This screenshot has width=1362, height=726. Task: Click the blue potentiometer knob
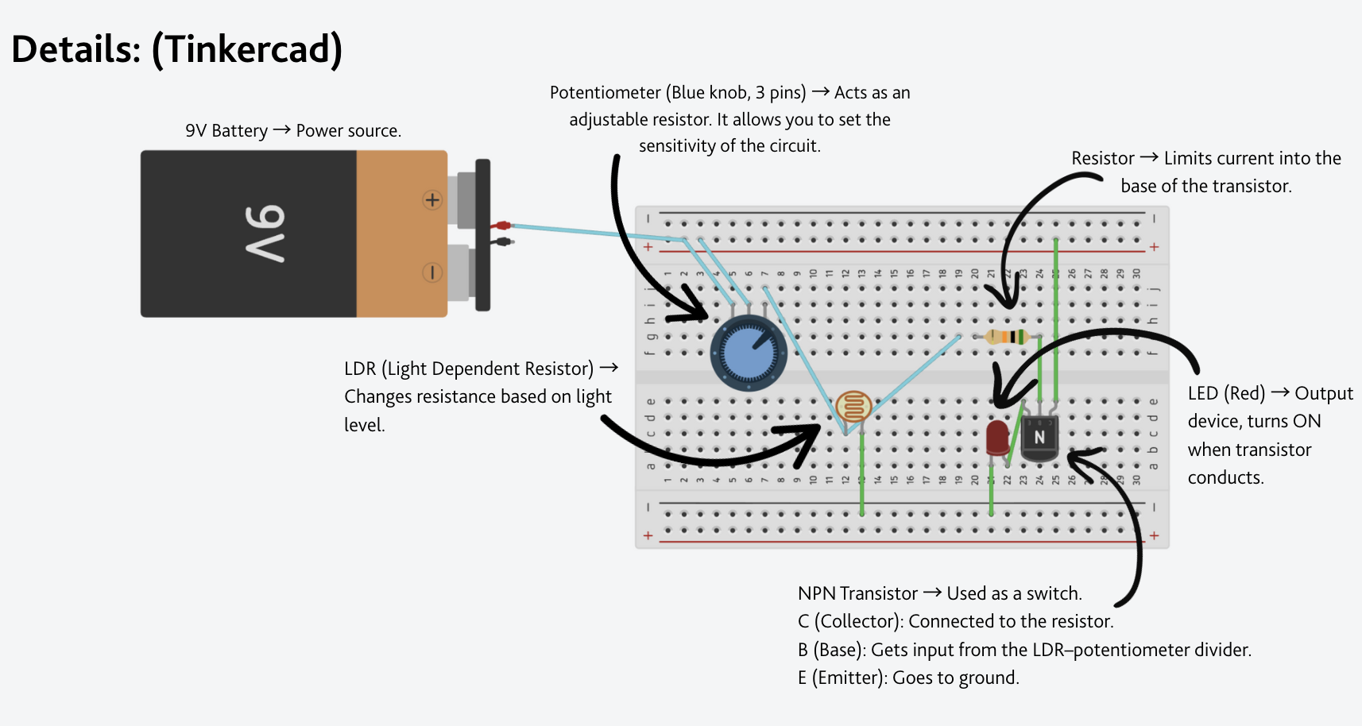(x=749, y=353)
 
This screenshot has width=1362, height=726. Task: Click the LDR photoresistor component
(x=854, y=407)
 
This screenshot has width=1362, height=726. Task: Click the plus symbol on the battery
(x=432, y=200)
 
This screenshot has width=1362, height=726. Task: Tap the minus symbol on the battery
(x=432, y=272)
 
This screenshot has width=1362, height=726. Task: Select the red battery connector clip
(x=502, y=226)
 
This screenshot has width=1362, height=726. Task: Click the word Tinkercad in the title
(x=246, y=49)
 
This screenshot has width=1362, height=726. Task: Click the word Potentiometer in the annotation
(x=605, y=93)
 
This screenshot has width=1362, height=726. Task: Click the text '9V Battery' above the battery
(x=226, y=131)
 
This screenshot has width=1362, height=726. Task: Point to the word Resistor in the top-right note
(x=1102, y=159)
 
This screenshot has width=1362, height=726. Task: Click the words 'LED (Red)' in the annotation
(x=1226, y=394)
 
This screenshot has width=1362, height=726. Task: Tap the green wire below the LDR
(x=862, y=477)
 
